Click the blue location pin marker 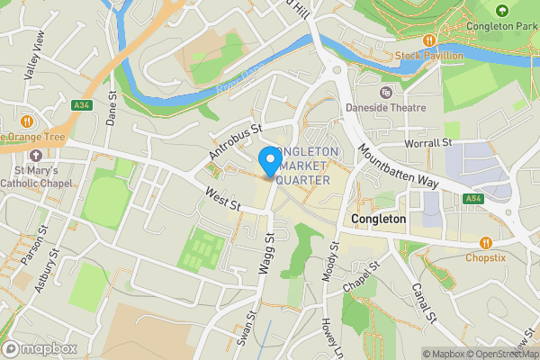click(269, 161)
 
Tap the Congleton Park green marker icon click(502, 11)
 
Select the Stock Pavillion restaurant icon click(430, 40)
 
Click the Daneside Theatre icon click(386, 92)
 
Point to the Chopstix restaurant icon click(486, 242)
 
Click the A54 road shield click(473, 198)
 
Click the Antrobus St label click(234, 143)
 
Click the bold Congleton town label click(379, 219)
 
